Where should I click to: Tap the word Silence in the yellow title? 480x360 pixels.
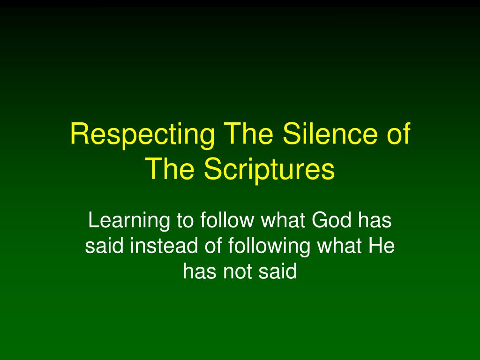click(330, 133)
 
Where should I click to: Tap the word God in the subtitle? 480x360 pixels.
click(331, 220)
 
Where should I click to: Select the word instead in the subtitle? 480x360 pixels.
click(164, 246)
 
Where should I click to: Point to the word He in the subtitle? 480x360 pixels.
click(382, 246)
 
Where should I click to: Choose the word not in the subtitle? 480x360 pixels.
click(238, 271)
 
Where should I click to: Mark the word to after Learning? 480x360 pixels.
click(185, 221)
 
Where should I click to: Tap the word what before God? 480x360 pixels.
click(283, 220)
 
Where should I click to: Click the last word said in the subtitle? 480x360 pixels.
click(277, 271)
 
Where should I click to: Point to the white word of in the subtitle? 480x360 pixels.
click(213, 246)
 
